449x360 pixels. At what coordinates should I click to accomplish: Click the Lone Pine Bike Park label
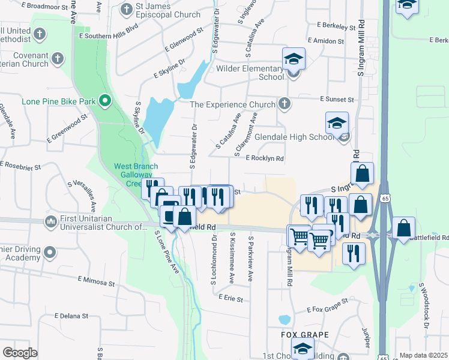coord(59,101)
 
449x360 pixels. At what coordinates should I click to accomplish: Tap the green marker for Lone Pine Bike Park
coord(105,101)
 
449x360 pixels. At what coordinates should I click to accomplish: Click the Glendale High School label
coord(294,137)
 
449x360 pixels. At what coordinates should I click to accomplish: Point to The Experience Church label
coord(232,104)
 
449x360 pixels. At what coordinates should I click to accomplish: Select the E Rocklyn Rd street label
coord(264,158)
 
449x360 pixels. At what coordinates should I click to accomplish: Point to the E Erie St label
coord(231,298)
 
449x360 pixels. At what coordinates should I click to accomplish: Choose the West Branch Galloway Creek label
coord(136,174)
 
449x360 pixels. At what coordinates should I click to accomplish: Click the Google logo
coord(20,352)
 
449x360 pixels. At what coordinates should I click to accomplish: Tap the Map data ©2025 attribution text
coord(423,355)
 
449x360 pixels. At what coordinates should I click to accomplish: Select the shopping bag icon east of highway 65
coord(404,229)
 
